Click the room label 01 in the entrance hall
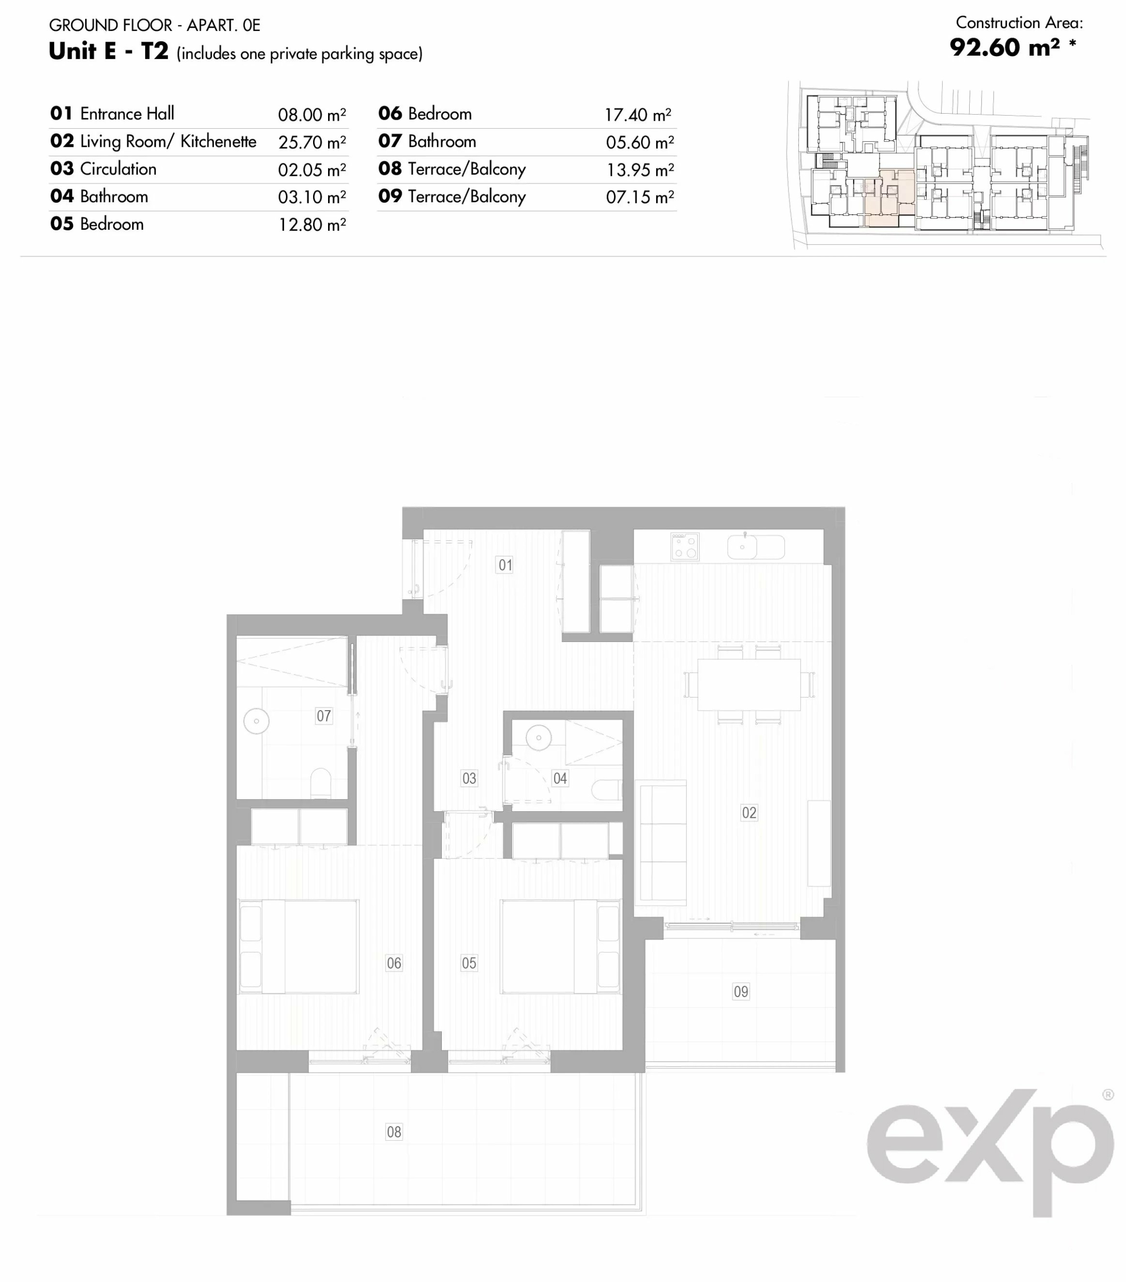505,564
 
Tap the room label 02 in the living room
749,812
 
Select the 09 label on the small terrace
741,991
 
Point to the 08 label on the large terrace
394,1131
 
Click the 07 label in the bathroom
324,716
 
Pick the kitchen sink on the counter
756,547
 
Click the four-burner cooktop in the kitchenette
684,546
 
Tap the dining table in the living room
749,684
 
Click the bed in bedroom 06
299,946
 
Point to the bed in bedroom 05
560,946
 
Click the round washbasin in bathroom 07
256,721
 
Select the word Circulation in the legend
118,169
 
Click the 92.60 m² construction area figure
1005,47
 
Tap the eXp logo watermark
990,1153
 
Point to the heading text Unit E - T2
109,52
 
